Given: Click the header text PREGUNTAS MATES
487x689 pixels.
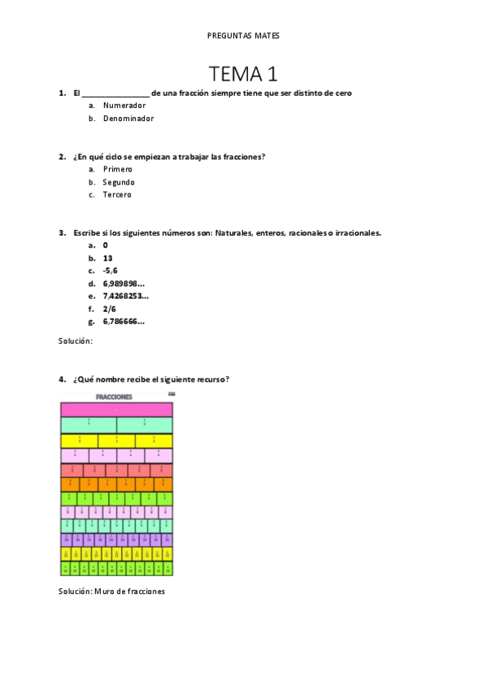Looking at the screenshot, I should pos(243,36).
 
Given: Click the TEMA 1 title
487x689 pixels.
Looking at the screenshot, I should pos(243,74).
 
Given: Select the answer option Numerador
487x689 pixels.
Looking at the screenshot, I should pos(124,106).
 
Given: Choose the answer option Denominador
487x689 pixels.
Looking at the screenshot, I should pos(128,119).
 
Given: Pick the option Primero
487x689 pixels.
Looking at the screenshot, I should pos(117,169).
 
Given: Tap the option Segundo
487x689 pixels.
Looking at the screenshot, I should pos(119,182).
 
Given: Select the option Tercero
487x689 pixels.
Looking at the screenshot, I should pos(117,195).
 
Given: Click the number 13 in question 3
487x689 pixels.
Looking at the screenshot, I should pos(108,258).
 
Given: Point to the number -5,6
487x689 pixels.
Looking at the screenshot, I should pos(111,271).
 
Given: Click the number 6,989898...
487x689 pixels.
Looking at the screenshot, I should pos(124,284).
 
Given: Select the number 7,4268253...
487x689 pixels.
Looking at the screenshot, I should pos(125,296).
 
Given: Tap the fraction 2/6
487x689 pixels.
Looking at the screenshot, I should pos(110,309).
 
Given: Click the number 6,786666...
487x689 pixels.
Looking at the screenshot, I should pos(124,321).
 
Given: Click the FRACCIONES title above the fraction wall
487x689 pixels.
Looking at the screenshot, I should pos(115,397).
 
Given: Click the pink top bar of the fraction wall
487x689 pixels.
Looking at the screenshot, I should pos(116,409).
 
